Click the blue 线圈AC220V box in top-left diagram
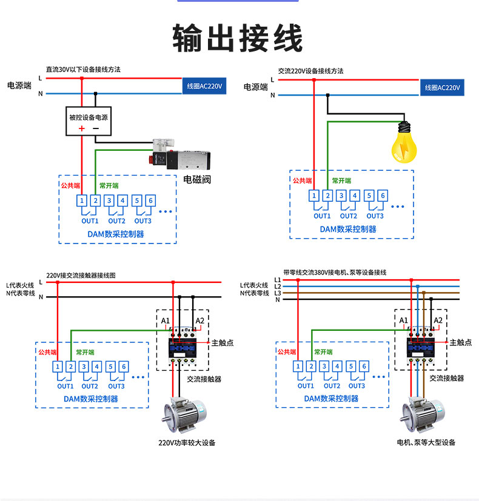coord(205,87)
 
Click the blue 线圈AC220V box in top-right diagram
coord(443,88)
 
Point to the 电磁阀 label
coord(197,179)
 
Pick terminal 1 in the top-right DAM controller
coord(314,196)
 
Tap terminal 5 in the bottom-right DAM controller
coord(350,366)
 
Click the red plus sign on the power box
coord(81,128)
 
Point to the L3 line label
coord(278,293)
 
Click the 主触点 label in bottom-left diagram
coord(223,343)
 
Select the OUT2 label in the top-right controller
coord(349,216)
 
